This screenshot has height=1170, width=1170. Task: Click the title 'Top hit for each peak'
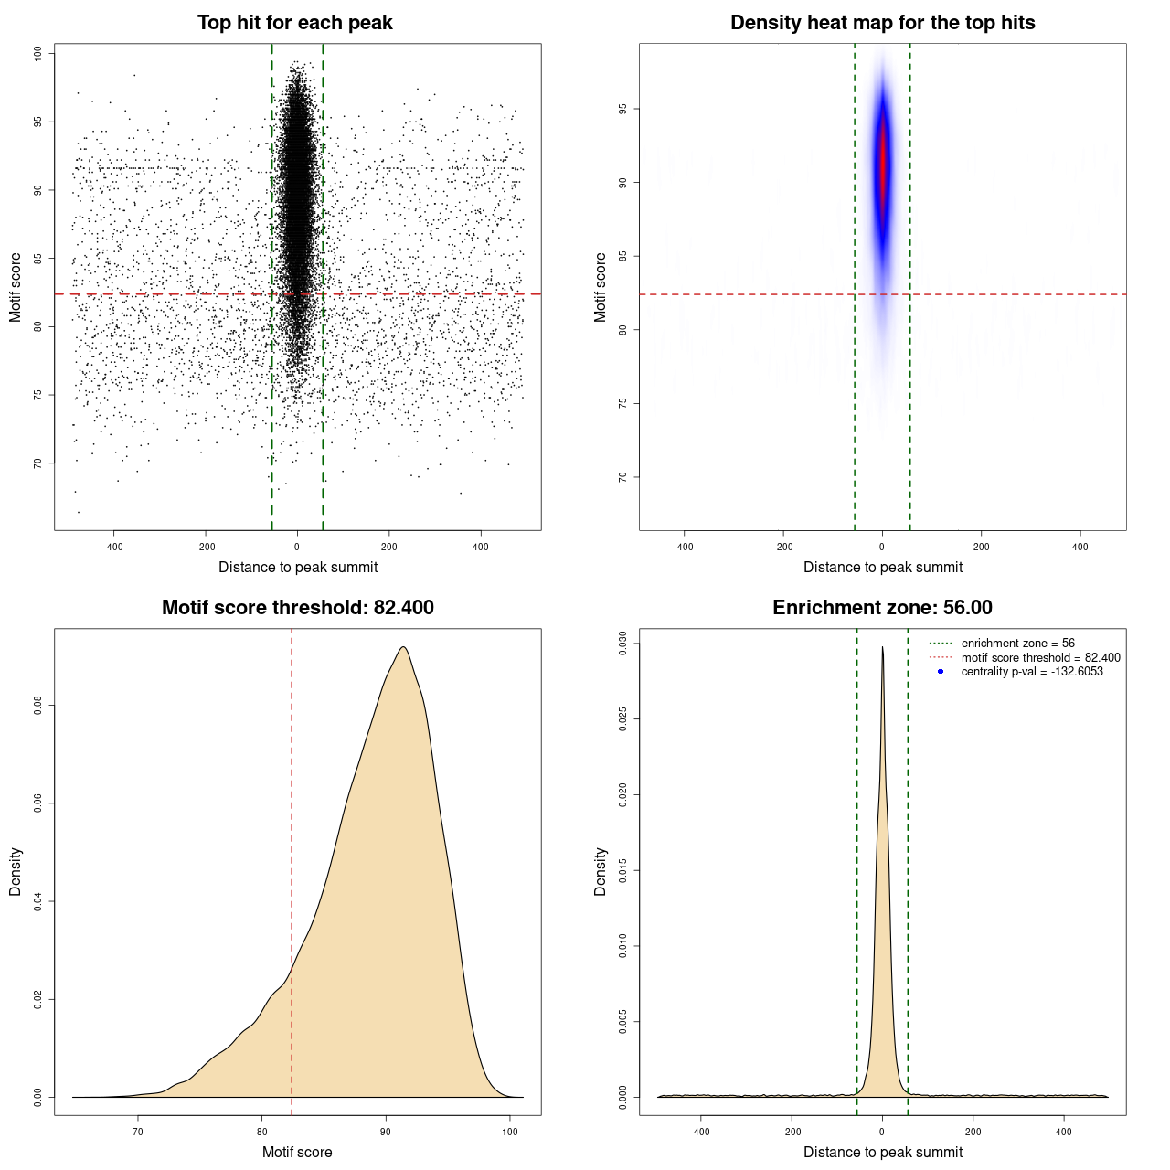295,23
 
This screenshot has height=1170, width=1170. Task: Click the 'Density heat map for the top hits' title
882,23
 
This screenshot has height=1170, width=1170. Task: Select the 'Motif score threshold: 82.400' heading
297,608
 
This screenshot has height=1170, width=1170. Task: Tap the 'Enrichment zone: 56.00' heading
882,608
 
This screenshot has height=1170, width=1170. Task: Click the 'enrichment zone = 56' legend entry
1017,643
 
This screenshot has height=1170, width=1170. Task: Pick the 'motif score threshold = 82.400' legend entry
1040,657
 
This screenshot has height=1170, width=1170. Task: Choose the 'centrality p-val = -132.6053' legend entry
1032,672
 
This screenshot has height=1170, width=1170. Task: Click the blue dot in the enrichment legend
941,672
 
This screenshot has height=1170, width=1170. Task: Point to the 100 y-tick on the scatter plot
38,54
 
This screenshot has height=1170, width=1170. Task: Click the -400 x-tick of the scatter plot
113,547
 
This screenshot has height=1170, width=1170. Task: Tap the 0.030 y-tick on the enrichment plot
623,643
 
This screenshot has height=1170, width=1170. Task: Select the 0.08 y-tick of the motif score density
38,706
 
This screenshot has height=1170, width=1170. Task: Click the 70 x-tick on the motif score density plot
138,1132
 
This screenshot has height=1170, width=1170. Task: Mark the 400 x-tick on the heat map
1080,547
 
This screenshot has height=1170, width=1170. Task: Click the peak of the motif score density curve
402,648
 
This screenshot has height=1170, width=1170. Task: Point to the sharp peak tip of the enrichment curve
882,648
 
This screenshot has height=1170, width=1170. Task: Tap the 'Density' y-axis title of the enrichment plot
601,871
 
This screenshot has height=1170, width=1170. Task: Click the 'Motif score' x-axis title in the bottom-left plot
297,1152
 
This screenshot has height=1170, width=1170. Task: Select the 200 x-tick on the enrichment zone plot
973,1132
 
